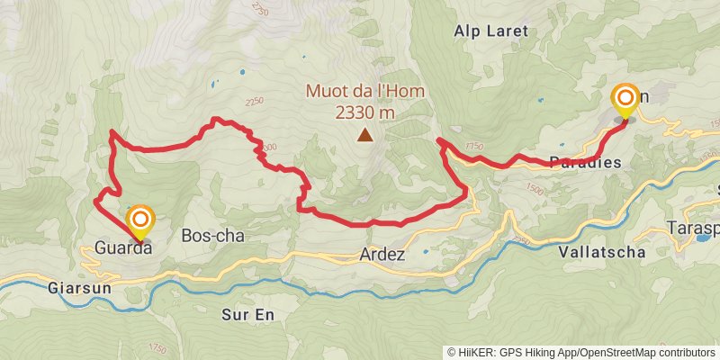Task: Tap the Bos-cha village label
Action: [x=212, y=235]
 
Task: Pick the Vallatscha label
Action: [x=601, y=252]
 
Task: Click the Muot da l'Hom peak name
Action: [x=365, y=91]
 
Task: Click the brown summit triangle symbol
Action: [x=364, y=136]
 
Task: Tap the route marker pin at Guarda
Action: [x=140, y=220]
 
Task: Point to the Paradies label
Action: [x=585, y=163]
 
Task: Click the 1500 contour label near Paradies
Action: [x=535, y=190]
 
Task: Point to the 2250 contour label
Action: [x=254, y=102]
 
